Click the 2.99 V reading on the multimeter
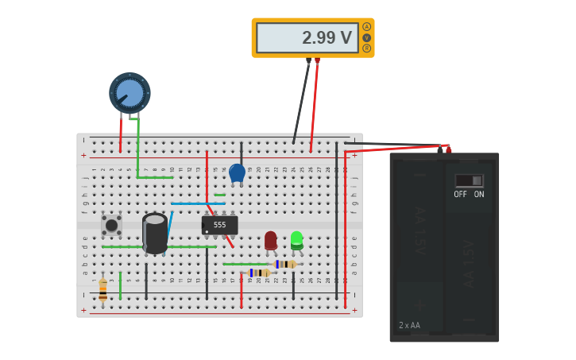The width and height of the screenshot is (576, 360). click(x=327, y=37)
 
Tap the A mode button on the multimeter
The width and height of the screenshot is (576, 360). click(x=366, y=26)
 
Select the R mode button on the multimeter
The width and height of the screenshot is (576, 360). click(x=366, y=48)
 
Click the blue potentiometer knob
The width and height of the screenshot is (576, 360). click(x=130, y=93)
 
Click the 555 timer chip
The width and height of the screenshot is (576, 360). click(x=219, y=225)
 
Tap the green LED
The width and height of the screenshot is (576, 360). click(x=296, y=238)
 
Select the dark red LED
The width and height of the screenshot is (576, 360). click(x=271, y=239)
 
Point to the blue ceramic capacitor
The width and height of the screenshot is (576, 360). click(x=237, y=172)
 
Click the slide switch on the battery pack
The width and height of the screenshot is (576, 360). click(x=469, y=180)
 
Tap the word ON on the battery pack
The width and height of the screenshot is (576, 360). click(x=479, y=194)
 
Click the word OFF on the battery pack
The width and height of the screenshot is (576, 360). click(x=461, y=194)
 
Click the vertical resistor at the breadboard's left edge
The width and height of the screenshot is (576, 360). click(x=102, y=289)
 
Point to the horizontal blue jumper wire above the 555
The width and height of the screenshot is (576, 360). click(x=197, y=204)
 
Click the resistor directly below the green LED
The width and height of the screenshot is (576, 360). click(x=285, y=264)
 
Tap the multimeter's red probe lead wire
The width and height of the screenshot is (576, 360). click(x=314, y=103)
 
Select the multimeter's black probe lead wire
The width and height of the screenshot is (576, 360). click(x=300, y=103)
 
